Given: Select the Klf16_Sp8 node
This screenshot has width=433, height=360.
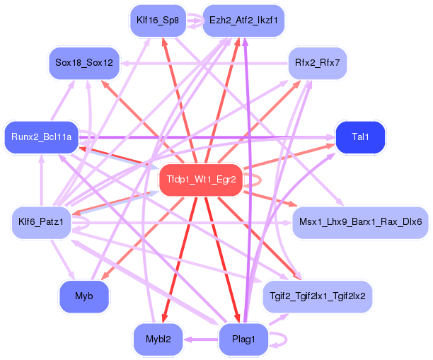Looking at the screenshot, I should pos(157,21).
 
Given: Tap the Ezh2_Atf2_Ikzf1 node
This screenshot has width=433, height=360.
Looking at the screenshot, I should pos(243,21).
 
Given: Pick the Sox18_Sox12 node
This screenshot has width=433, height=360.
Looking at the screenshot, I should pos(84,63).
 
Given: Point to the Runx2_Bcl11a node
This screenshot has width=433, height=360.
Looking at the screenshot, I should pos(41,137).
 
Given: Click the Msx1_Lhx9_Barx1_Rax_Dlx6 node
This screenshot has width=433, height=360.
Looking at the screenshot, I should pos(360,222).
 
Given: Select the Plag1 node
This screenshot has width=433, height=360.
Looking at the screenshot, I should pos(243,339).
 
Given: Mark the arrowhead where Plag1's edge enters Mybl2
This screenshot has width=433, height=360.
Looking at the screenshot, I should pos(187,339).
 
